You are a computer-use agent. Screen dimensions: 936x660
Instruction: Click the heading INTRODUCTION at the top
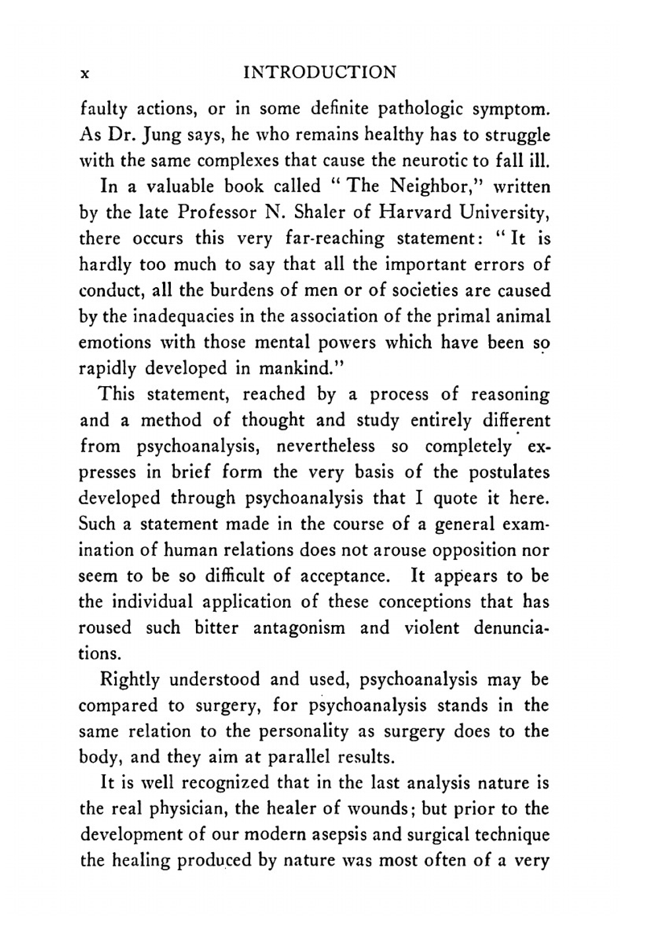(320, 72)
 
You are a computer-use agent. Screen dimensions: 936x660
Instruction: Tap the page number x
(84, 73)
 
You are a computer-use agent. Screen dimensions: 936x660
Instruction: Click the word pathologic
(409, 109)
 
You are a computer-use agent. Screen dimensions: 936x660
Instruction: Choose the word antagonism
(299, 628)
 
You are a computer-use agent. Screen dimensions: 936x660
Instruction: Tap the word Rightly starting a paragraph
(129, 680)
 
